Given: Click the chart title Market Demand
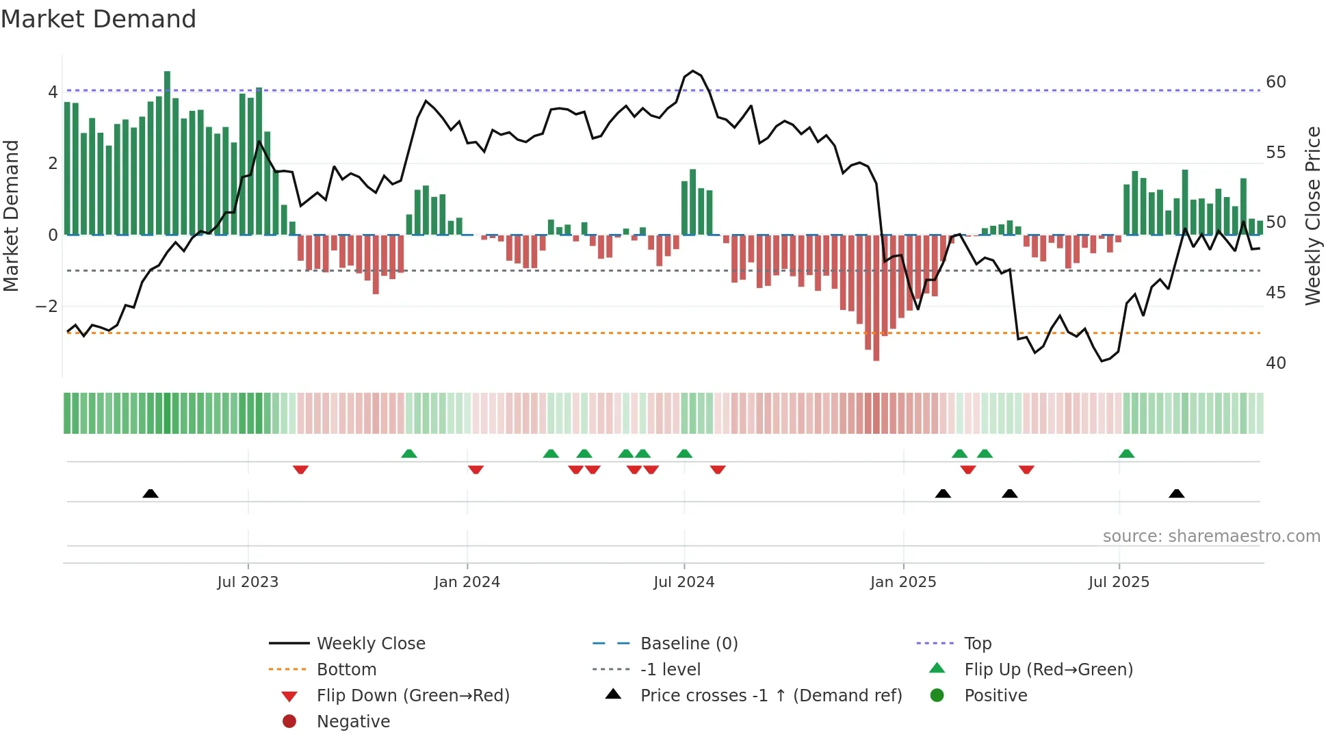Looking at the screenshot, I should (x=99, y=19).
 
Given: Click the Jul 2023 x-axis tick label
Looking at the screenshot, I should (x=248, y=582).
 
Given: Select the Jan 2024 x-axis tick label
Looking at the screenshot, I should (x=467, y=582).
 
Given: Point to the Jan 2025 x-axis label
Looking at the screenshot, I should (x=903, y=582).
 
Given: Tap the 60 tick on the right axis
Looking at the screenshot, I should (x=1275, y=82).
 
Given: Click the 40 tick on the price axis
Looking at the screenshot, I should (x=1275, y=363).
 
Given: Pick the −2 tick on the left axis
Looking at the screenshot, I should (x=47, y=307).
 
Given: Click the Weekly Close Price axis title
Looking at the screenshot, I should (x=1312, y=216).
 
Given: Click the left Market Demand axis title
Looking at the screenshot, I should (x=11, y=216).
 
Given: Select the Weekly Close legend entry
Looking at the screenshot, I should (x=370, y=644).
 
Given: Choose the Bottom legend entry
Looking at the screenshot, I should (x=346, y=670).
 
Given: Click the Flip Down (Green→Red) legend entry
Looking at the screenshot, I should (x=413, y=696).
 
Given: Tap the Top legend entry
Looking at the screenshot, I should (x=978, y=644).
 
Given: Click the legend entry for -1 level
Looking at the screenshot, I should (x=670, y=670).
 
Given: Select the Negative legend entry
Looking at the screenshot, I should (x=353, y=722).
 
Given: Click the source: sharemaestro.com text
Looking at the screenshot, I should (x=1211, y=536).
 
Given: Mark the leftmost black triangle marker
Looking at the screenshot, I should (x=151, y=493).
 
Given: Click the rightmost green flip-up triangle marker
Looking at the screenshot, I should (x=1126, y=454).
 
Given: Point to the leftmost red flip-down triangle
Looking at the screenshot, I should (x=300, y=469).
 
